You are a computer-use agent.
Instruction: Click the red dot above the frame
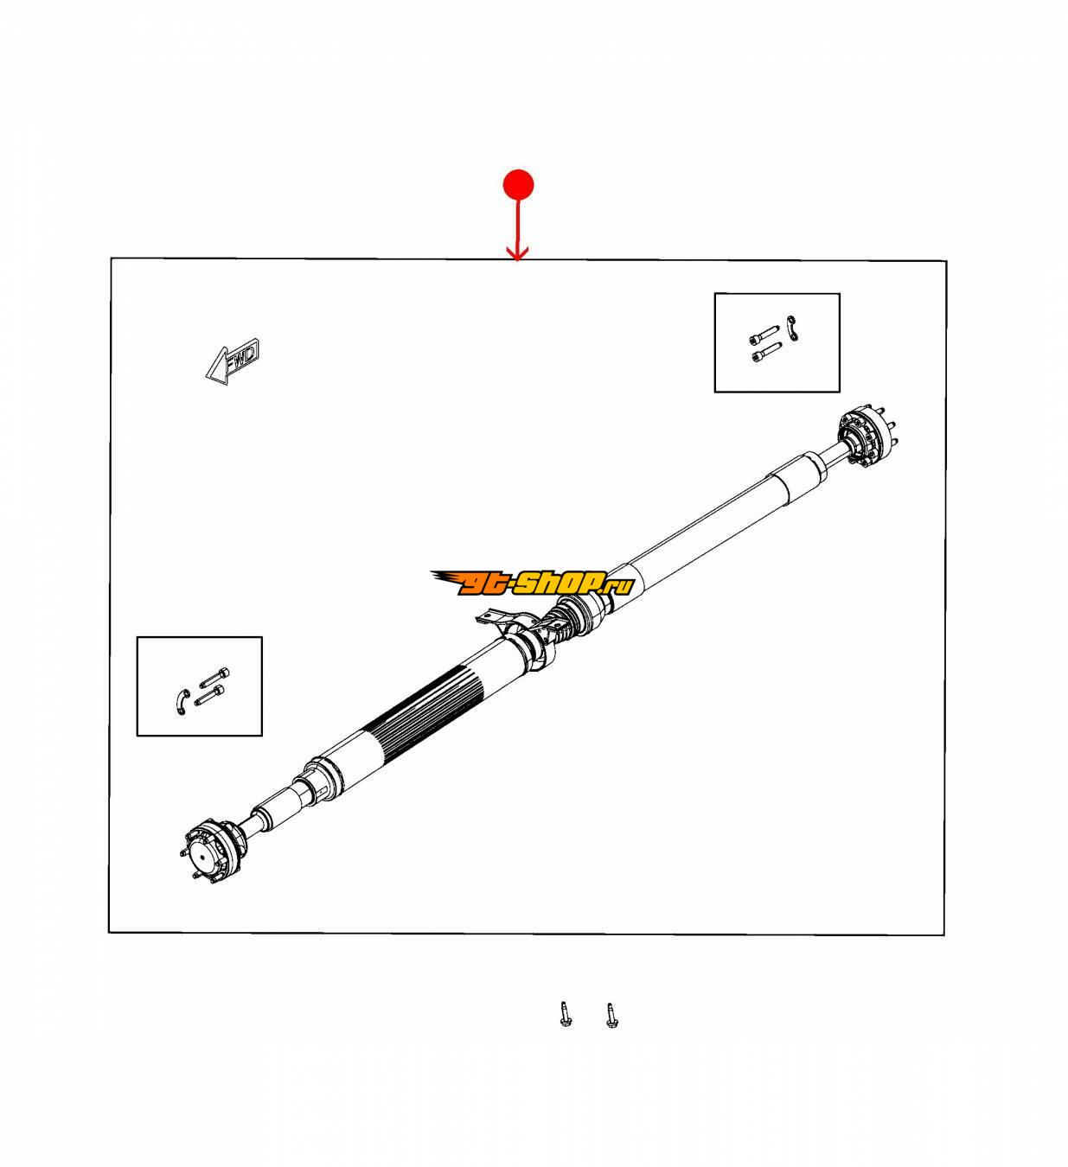(x=517, y=185)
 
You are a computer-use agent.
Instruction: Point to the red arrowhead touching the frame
(x=517, y=254)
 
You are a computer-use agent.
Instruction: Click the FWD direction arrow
(x=232, y=362)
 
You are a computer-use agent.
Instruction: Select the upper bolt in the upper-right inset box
(x=764, y=334)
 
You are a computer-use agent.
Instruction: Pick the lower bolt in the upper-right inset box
(x=766, y=351)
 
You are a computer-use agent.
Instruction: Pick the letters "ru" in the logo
(x=619, y=587)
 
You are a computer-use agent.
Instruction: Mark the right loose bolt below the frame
(x=610, y=1015)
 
